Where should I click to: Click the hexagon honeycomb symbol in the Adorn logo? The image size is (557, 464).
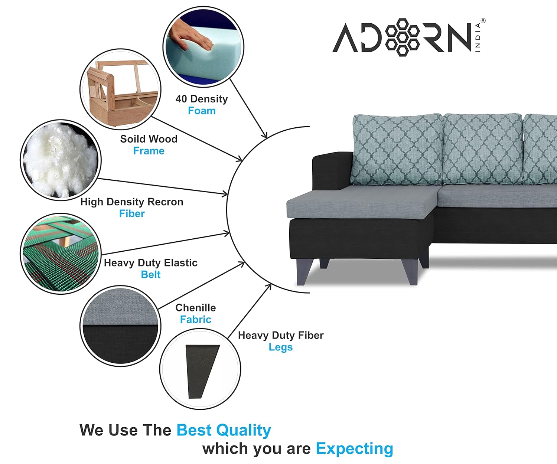tap(403, 37)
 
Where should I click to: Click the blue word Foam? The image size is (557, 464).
tap(202, 111)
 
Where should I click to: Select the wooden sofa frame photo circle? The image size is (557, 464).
tap(120, 89)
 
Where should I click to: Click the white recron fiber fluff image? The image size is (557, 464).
tap(61, 160)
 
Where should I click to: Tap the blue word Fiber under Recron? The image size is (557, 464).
tap(132, 213)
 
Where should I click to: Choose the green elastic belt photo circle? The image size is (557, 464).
tap(61, 254)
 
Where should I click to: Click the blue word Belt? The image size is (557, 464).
tap(151, 274)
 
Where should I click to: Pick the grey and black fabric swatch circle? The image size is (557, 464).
tap(120, 326)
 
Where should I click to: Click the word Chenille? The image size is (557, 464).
tap(196, 307)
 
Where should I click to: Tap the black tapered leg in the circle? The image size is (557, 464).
tap(202, 372)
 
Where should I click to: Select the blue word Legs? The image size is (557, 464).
tap(281, 347)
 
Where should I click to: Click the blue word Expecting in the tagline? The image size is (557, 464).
tap(355, 449)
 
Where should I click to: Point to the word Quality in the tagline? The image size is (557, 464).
tap(244, 430)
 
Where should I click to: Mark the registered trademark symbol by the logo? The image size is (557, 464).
tap(483, 20)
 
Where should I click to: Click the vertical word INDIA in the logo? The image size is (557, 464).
tap(478, 37)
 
